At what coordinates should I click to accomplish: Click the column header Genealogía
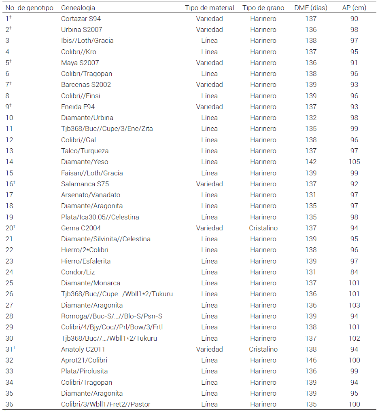(x=78, y=8)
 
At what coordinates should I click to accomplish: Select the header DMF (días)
(x=311, y=8)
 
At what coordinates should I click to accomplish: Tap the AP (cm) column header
(x=354, y=8)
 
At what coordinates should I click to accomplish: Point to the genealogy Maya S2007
(x=80, y=63)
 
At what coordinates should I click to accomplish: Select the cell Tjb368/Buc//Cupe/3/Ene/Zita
(x=107, y=129)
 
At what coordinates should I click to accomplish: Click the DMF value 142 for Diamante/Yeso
(x=311, y=162)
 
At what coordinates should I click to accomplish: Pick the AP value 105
(x=354, y=162)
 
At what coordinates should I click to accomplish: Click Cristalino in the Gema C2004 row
(x=263, y=228)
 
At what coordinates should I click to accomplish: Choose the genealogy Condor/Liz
(x=78, y=272)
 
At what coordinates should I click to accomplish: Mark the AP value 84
(x=354, y=272)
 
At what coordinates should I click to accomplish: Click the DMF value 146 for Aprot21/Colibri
(x=311, y=360)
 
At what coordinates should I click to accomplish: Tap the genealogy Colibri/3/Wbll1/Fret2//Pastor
(x=106, y=404)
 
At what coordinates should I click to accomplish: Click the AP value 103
(x=354, y=305)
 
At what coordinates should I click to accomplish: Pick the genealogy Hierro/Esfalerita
(x=86, y=261)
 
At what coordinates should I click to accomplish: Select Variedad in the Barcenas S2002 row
(x=209, y=84)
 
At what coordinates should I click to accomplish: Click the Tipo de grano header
(x=263, y=8)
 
